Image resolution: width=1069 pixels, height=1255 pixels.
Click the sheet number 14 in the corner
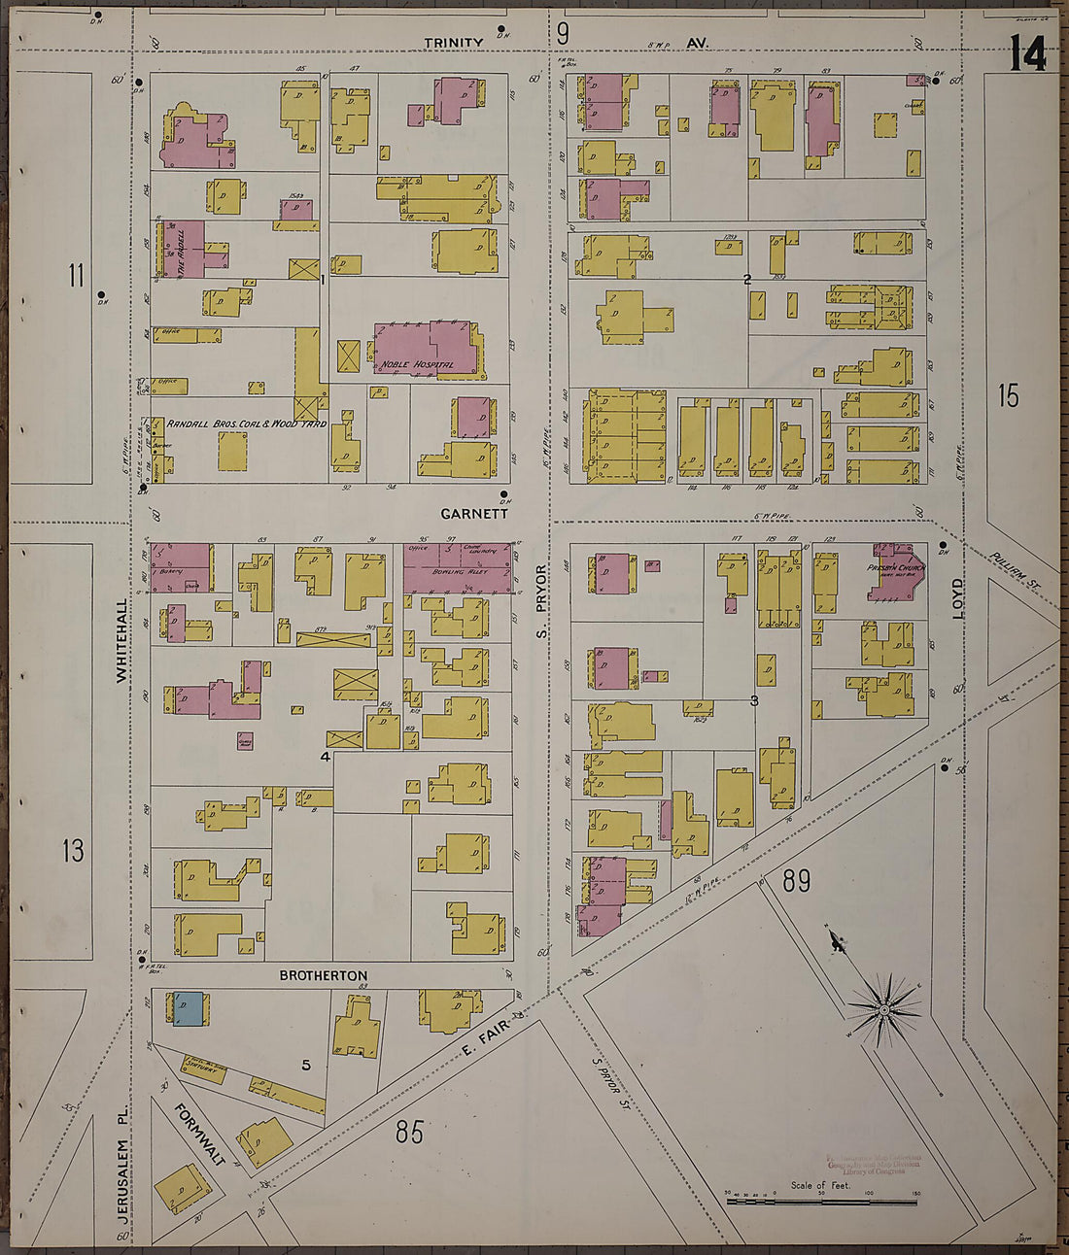point(1027,53)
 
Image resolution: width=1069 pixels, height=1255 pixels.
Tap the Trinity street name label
point(453,43)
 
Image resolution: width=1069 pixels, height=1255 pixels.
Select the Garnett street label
point(474,514)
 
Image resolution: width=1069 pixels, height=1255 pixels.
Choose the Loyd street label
point(957,594)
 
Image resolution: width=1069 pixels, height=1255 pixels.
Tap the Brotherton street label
point(324,975)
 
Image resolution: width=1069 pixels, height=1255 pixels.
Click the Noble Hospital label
point(417,364)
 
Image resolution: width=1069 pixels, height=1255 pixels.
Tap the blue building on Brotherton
point(189,1008)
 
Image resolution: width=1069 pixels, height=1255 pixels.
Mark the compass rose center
point(884,1011)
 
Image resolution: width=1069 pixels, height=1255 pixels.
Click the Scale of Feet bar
point(821,1203)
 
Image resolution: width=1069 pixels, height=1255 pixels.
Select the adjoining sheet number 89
point(796,881)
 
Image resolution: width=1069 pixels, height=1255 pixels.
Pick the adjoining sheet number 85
point(410,1131)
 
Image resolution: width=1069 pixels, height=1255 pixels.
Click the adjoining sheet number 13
point(73,852)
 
